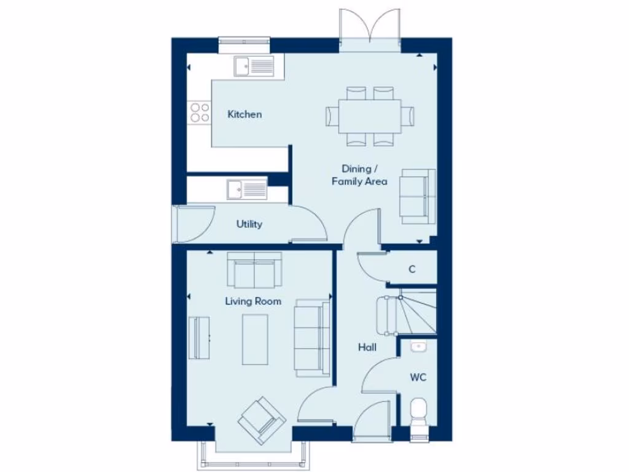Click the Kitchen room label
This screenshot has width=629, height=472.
tap(244, 114)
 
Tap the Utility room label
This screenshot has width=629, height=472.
tap(249, 224)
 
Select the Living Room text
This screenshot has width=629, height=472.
tap(253, 301)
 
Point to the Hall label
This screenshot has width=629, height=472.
tap(367, 347)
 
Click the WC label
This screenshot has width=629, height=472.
tap(418, 377)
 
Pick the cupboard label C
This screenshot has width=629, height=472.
tap(412, 269)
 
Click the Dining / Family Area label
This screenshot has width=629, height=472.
tap(359, 175)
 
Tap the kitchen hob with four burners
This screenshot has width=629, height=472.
tap(200, 112)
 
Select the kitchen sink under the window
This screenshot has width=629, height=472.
tap(254, 66)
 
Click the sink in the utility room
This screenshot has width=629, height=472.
tap(246, 190)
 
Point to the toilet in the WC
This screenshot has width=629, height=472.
tap(419, 412)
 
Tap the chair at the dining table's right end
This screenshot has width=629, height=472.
tap(408, 116)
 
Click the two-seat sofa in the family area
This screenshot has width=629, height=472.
tap(418, 195)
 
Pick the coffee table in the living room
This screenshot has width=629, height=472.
tap(255, 339)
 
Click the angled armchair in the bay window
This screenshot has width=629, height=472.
tap(262, 420)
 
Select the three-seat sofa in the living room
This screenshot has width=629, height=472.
tap(312, 338)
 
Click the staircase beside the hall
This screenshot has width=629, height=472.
tap(412, 313)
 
